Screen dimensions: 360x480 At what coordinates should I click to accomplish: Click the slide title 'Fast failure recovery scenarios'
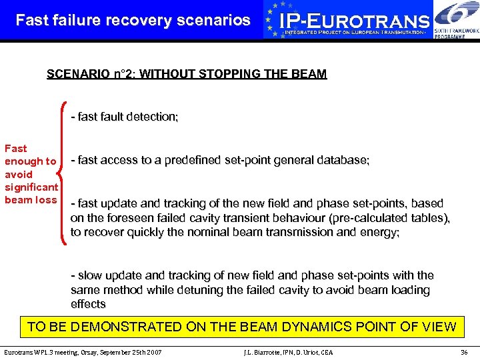coord(133,20)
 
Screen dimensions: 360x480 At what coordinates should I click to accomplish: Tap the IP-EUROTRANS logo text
coord(354,21)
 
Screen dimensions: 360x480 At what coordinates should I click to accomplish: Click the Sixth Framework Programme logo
coord(456,20)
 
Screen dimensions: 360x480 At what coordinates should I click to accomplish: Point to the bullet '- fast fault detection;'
coord(125,117)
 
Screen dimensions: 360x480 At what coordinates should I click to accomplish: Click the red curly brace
coord(63,170)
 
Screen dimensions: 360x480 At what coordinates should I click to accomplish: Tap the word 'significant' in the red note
coord(31,187)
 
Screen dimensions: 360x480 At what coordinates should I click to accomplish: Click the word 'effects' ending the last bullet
coord(88,304)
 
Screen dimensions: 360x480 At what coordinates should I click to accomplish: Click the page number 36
coord(464,351)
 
